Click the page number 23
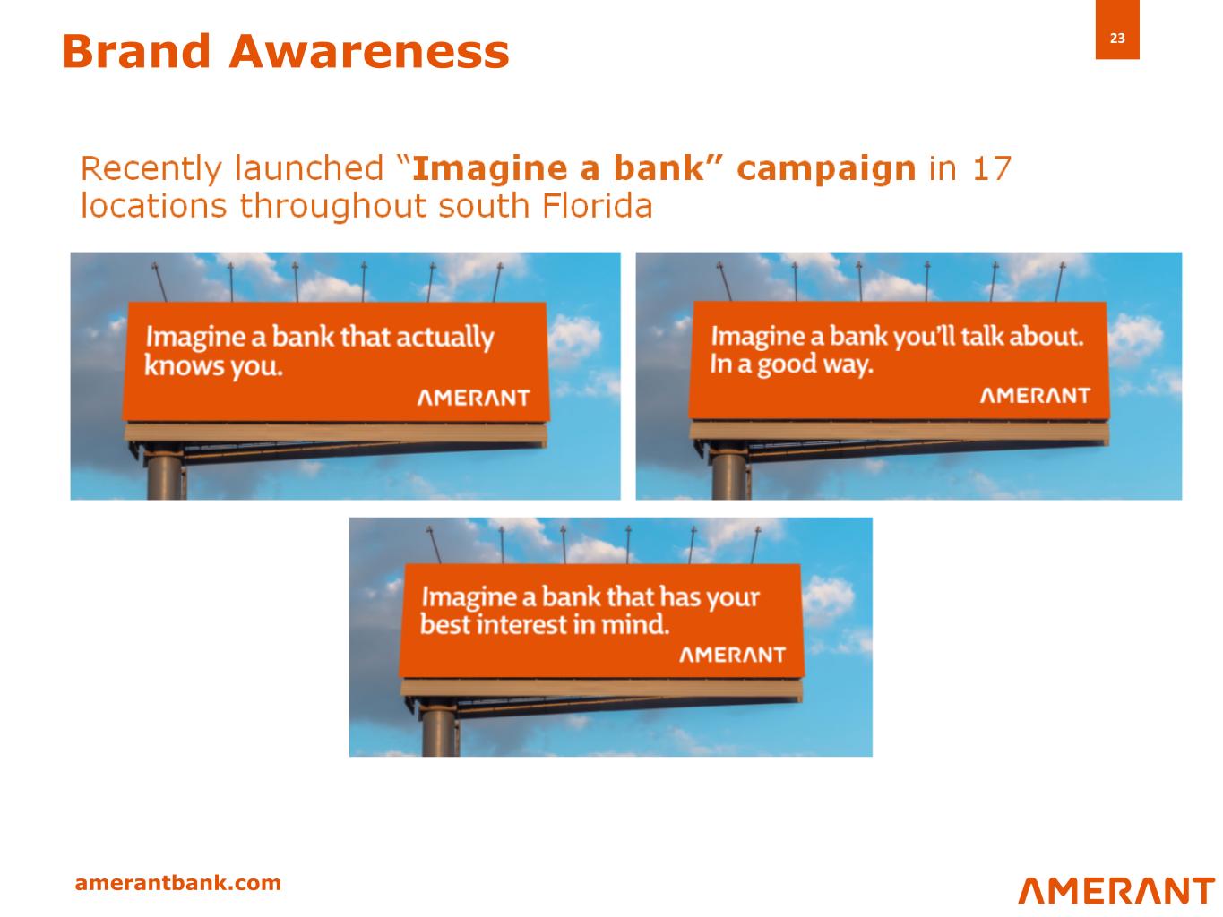(1116, 38)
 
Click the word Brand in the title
(136, 51)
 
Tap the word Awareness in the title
(369, 51)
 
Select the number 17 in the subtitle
(992, 168)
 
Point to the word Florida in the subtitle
(597, 205)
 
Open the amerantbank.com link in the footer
(177, 883)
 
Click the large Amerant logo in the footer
(1116, 891)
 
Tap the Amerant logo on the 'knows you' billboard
(474, 398)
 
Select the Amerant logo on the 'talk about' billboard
(1035, 395)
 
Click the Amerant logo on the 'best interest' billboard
(732, 655)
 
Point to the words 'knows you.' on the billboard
(213, 365)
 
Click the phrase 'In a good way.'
(792, 364)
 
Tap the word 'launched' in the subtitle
(309, 168)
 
